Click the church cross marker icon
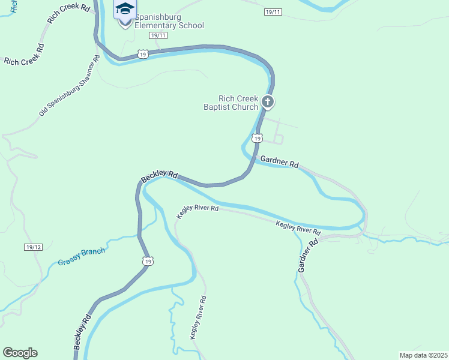tap(268, 101)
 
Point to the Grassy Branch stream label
tap(82, 257)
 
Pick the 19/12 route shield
tap(34, 247)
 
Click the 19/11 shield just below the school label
tap(158, 35)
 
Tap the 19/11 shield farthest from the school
tap(273, 12)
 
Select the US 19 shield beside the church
tap(257, 139)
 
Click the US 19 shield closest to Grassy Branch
tap(148, 261)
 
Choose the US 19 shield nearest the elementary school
tap(142, 54)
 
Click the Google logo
tap(20, 353)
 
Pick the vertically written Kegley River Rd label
tap(199, 318)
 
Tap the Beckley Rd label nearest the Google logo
tap(83, 332)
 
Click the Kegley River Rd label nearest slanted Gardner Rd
tap(298, 227)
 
